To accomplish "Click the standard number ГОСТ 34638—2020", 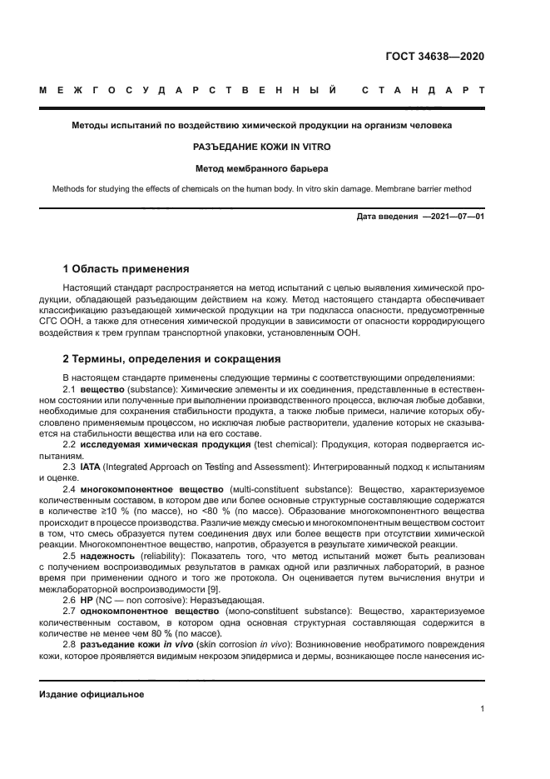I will point(434,57).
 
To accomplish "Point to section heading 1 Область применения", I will point(126,269).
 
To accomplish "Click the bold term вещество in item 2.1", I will point(104,388).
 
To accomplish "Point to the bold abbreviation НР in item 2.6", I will point(86,600).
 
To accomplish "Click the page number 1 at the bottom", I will point(483,709).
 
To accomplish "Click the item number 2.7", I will point(70,611).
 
